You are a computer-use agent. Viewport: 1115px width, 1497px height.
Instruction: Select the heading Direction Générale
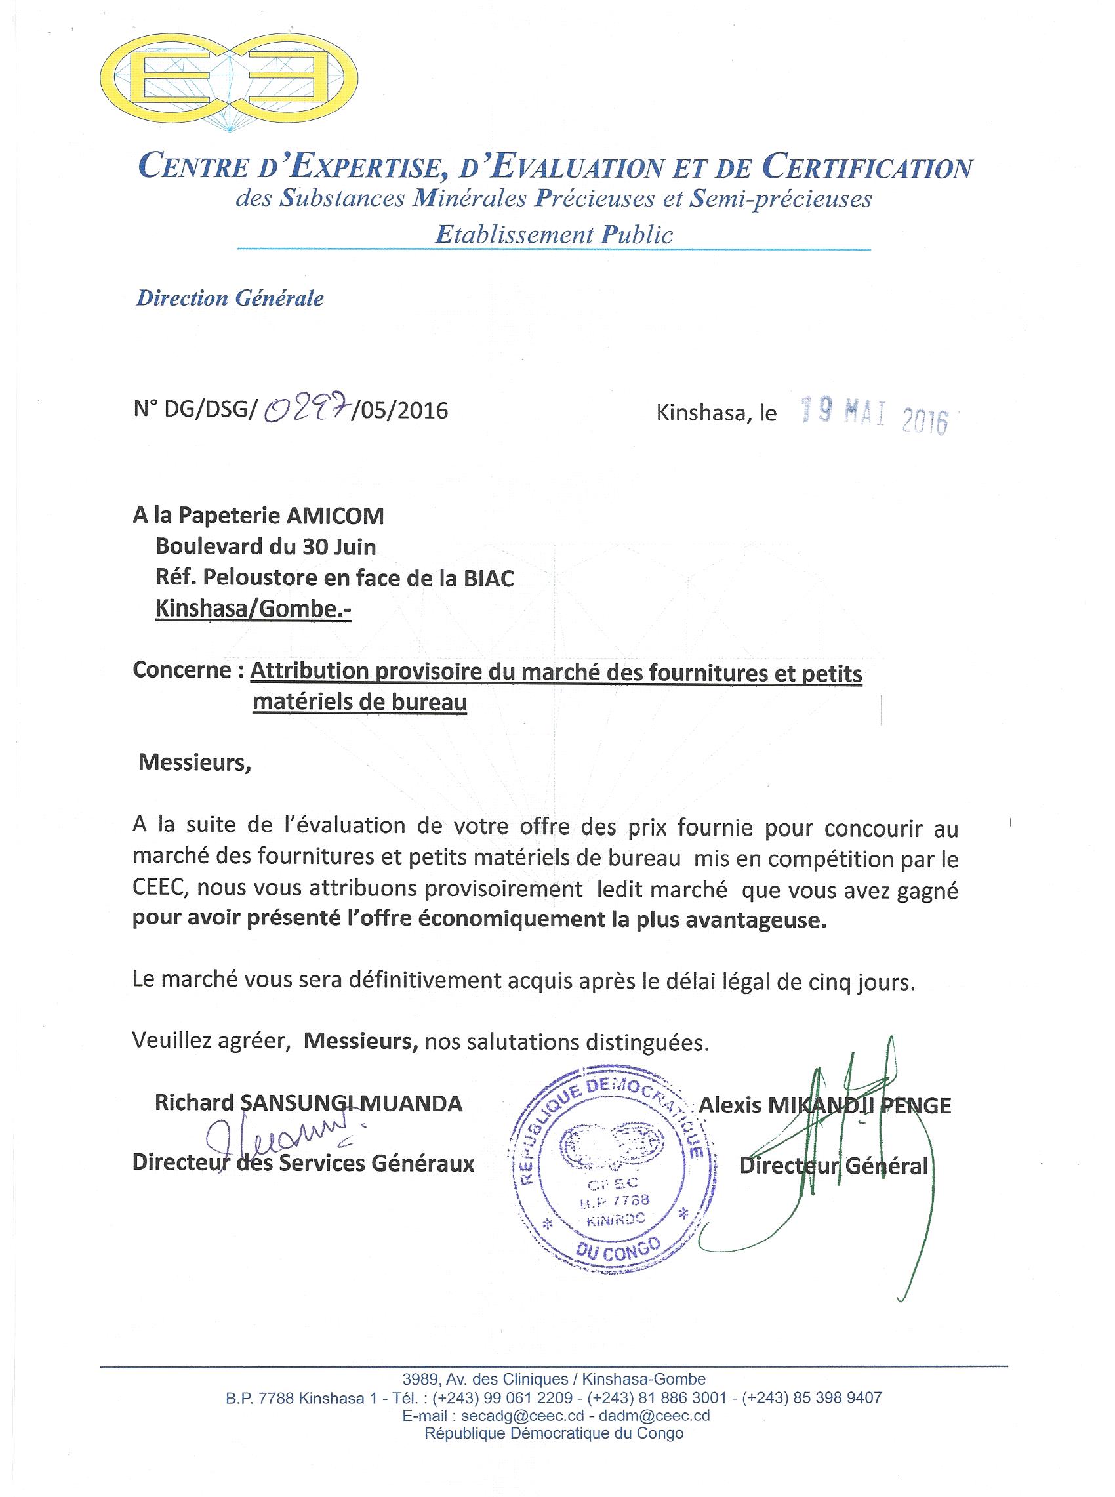pyautogui.click(x=230, y=298)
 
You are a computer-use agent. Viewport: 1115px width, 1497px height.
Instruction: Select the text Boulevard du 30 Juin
pyautogui.click(x=266, y=546)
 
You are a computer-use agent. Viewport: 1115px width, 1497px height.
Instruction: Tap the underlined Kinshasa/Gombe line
pyautogui.click(x=253, y=609)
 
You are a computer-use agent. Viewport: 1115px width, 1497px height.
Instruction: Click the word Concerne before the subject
pyautogui.click(x=183, y=671)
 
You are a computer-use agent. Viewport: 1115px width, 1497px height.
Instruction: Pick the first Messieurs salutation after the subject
pyautogui.click(x=194, y=763)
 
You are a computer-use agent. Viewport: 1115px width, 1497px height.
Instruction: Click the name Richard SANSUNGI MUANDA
pyautogui.click(x=308, y=1103)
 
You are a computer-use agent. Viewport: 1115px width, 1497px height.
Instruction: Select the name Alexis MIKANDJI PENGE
pyautogui.click(x=825, y=1105)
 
